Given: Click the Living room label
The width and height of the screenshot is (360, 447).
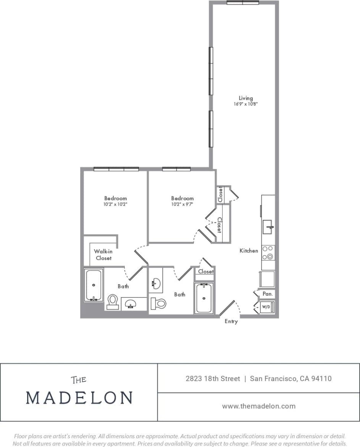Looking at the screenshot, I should click(245, 98).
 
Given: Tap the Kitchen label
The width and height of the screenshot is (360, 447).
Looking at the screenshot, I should click(249, 251).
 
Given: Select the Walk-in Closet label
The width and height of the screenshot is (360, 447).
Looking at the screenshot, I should click(103, 254).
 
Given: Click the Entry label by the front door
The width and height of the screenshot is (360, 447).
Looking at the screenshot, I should click(231, 322).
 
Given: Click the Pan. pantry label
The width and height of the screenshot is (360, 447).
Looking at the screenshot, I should click(267, 294).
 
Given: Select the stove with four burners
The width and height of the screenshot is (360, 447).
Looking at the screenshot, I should click(268, 252).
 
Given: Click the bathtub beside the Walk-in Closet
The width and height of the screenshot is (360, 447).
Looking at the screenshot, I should click(94, 285).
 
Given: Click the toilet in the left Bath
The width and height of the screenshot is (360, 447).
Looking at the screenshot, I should click(113, 302).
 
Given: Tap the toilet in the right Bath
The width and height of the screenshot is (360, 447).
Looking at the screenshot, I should click(158, 304).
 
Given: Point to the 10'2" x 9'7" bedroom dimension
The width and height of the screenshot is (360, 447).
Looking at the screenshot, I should click(182, 204).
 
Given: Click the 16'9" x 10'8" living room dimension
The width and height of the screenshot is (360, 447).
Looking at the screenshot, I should click(245, 104).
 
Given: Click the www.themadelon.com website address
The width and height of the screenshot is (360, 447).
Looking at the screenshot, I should click(258, 406).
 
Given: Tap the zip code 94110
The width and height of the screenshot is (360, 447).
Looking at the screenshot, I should click(321, 379).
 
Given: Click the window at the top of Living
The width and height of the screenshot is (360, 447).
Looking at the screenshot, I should click(242, 3).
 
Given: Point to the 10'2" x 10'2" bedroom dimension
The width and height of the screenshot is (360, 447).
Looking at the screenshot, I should click(115, 204).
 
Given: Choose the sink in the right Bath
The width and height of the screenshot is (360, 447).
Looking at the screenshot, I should click(156, 283).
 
